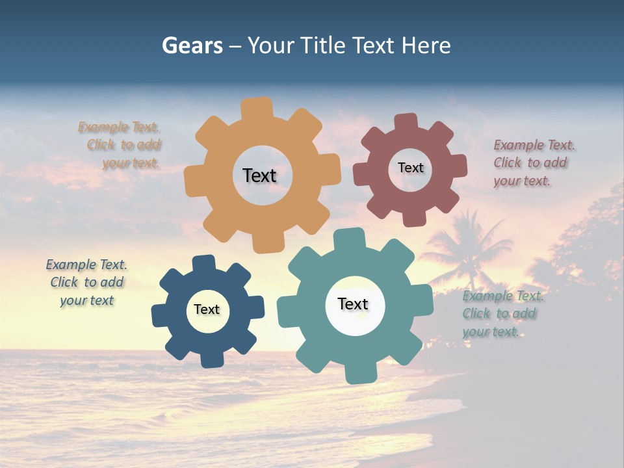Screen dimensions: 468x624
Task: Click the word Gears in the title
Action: (x=192, y=45)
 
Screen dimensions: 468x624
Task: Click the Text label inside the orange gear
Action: (x=259, y=175)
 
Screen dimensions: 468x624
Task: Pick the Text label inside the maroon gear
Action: (x=410, y=168)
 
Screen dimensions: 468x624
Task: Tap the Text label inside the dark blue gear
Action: (x=207, y=309)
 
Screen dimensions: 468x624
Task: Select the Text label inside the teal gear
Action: (x=353, y=304)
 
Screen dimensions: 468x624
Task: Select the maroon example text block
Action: (x=533, y=163)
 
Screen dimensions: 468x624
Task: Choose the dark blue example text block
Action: (x=86, y=282)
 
